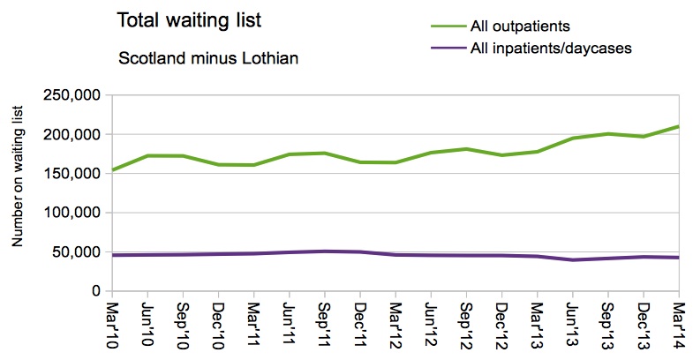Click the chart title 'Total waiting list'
[x=189, y=20]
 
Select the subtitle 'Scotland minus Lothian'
[x=208, y=58]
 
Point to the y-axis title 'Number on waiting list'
[x=18, y=176]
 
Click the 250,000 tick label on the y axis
[x=72, y=95]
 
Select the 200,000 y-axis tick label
[x=72, y=134]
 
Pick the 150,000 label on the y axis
[x=72, y=174]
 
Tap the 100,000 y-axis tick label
[x=72, y=213]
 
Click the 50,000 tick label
[x=76, y=252]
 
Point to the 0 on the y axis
[x=96, y=290]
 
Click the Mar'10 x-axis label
[x=112, y=326]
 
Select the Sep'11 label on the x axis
[x=325, y=326]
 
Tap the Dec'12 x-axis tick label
[x=502, y=326]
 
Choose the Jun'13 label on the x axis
[x=573, y=326]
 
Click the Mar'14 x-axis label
[x=679, y=326]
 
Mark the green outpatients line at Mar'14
[x=678, y=127]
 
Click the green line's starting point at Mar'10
[x=113, y=170]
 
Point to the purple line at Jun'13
[x=573, y=259]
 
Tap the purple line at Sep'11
[x=325, y=251]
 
